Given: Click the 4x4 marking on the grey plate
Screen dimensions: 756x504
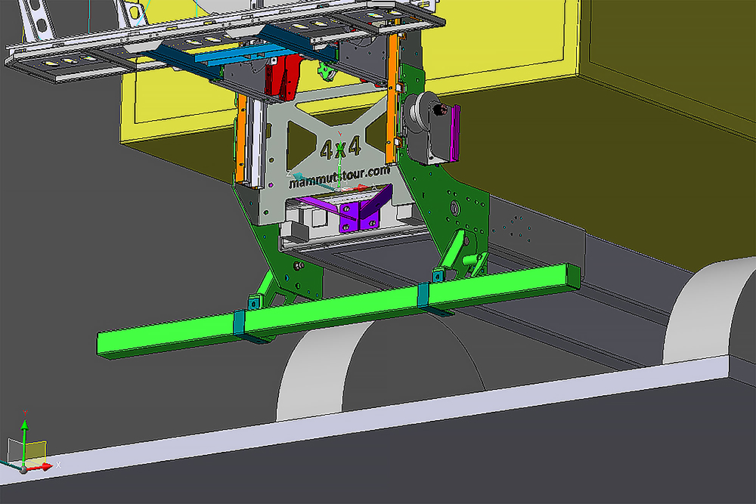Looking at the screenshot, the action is click(341, 148).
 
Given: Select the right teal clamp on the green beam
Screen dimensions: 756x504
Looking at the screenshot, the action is click(423, 295).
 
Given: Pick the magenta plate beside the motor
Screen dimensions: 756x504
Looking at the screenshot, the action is click(454, 133).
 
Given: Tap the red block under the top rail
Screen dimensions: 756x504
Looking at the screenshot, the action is click(283, 76).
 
